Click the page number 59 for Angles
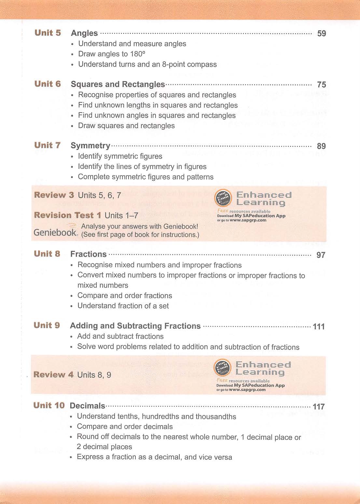pos(321,34)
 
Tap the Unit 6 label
pos(48,84)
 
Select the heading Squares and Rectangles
pos(118,84)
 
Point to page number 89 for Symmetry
pos(321,146)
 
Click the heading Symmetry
pos(90,146)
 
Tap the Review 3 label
pos(54,195)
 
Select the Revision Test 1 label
pos(67,215)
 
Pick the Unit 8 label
pos(47,254)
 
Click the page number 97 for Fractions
pos(321,255)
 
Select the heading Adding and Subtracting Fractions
pos(135,326)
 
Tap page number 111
pos(319,326)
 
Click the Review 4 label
pos(53,375)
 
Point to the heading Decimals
pos(87,406)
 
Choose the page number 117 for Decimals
pos(319,407)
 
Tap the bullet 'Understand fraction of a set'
pos(123,306)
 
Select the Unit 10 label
pos(49,406)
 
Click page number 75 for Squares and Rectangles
pos(321,85)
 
